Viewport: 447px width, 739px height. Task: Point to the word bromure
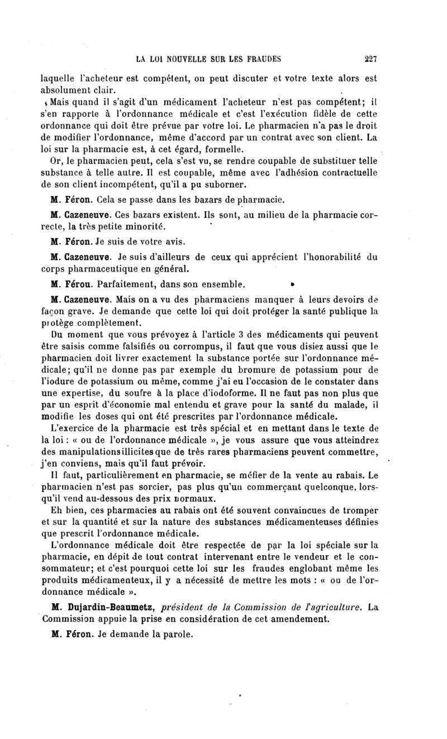click(250, 370)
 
